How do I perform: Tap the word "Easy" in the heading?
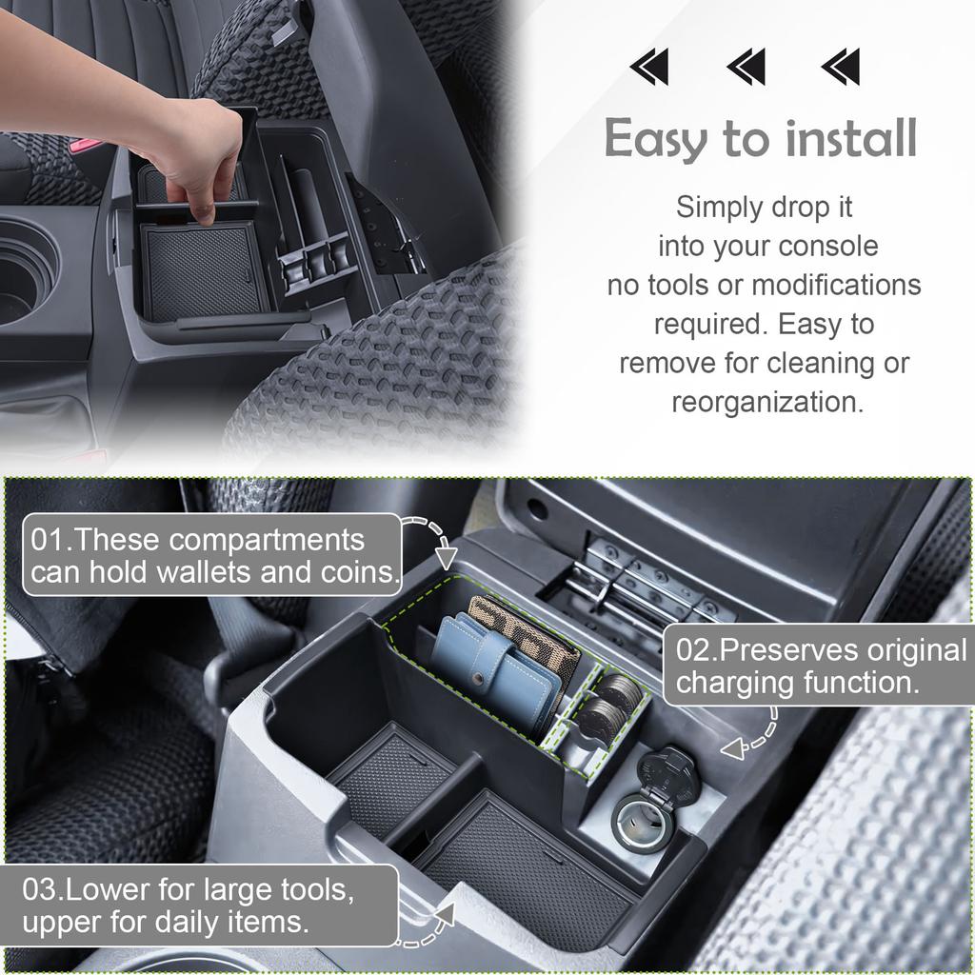[x=658, y=141]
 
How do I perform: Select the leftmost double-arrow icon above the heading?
[x=649, y=68]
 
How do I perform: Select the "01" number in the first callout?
[x=48, y=540]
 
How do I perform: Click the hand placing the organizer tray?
[x=195, y=152]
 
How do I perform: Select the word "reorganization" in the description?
[x=767, y=402]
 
